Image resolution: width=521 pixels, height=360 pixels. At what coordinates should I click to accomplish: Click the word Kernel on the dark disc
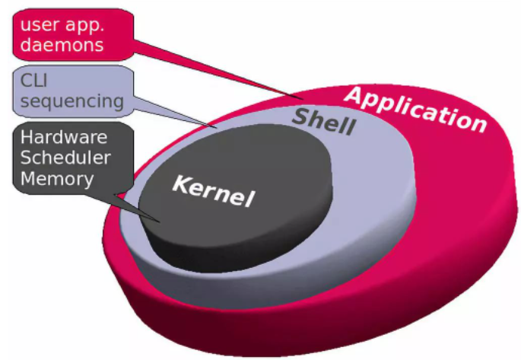(213, 191)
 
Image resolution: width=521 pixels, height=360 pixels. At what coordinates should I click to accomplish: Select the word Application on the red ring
(415, 109)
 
